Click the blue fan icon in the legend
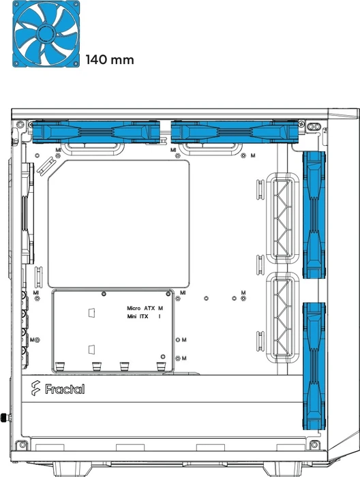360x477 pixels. point(46,34)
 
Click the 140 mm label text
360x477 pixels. point(110,60)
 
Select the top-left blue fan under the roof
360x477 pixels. point(96,132)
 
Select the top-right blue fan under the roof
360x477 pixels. point(235,132)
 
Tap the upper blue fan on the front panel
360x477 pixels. point(314,215)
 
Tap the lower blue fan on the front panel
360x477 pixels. point(314,366)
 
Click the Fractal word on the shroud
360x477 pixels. point(65,389)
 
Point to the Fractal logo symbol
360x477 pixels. point(35,388)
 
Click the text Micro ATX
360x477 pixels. point(140,308)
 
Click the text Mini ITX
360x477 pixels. point(138,316)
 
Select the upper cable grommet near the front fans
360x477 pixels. point(283,218)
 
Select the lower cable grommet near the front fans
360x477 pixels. point(283,318)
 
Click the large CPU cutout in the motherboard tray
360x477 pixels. point(119,224)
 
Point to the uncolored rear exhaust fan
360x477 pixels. point(28,213)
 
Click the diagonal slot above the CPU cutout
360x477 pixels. point(46,166)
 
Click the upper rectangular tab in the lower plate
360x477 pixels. point(91,312)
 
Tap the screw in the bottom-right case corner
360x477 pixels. point(314,445)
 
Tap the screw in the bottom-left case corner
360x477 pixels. point(22,445)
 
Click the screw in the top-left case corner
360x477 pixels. point(20,124)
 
